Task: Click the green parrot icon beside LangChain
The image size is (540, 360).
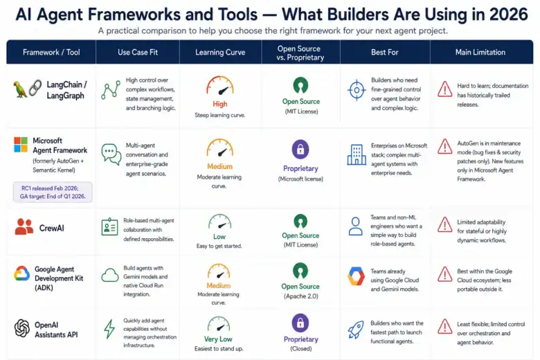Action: coord(20,89)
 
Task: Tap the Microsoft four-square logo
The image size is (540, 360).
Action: coord(21,145)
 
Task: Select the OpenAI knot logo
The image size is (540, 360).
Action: coord(21,328)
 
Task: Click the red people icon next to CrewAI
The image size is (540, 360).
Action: coord(24,226)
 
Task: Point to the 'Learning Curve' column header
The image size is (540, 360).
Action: coord(220,53)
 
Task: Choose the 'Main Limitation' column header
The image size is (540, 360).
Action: coord(480,53)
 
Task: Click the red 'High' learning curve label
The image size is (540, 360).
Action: coord(220,104)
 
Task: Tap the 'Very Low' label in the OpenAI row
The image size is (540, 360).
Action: coord(218,339)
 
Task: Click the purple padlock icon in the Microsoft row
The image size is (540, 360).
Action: coord(300,149)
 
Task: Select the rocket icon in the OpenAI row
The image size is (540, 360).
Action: coord(355,330)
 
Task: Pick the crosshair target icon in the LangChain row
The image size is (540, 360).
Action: coord(357,90)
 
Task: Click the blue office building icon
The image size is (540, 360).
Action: coord(357,154)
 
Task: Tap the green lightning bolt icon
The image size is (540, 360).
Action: coord(109,329)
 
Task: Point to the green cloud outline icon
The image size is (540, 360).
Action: coord(110,276)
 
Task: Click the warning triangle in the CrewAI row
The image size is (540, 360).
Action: coord(445,224)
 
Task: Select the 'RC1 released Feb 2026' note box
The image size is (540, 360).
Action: coord(53,192)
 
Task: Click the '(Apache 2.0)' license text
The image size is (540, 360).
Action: coord(301,296)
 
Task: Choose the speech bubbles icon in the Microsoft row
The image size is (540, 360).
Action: coord(111,154)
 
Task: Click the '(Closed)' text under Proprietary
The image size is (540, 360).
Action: coord(301,348)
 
